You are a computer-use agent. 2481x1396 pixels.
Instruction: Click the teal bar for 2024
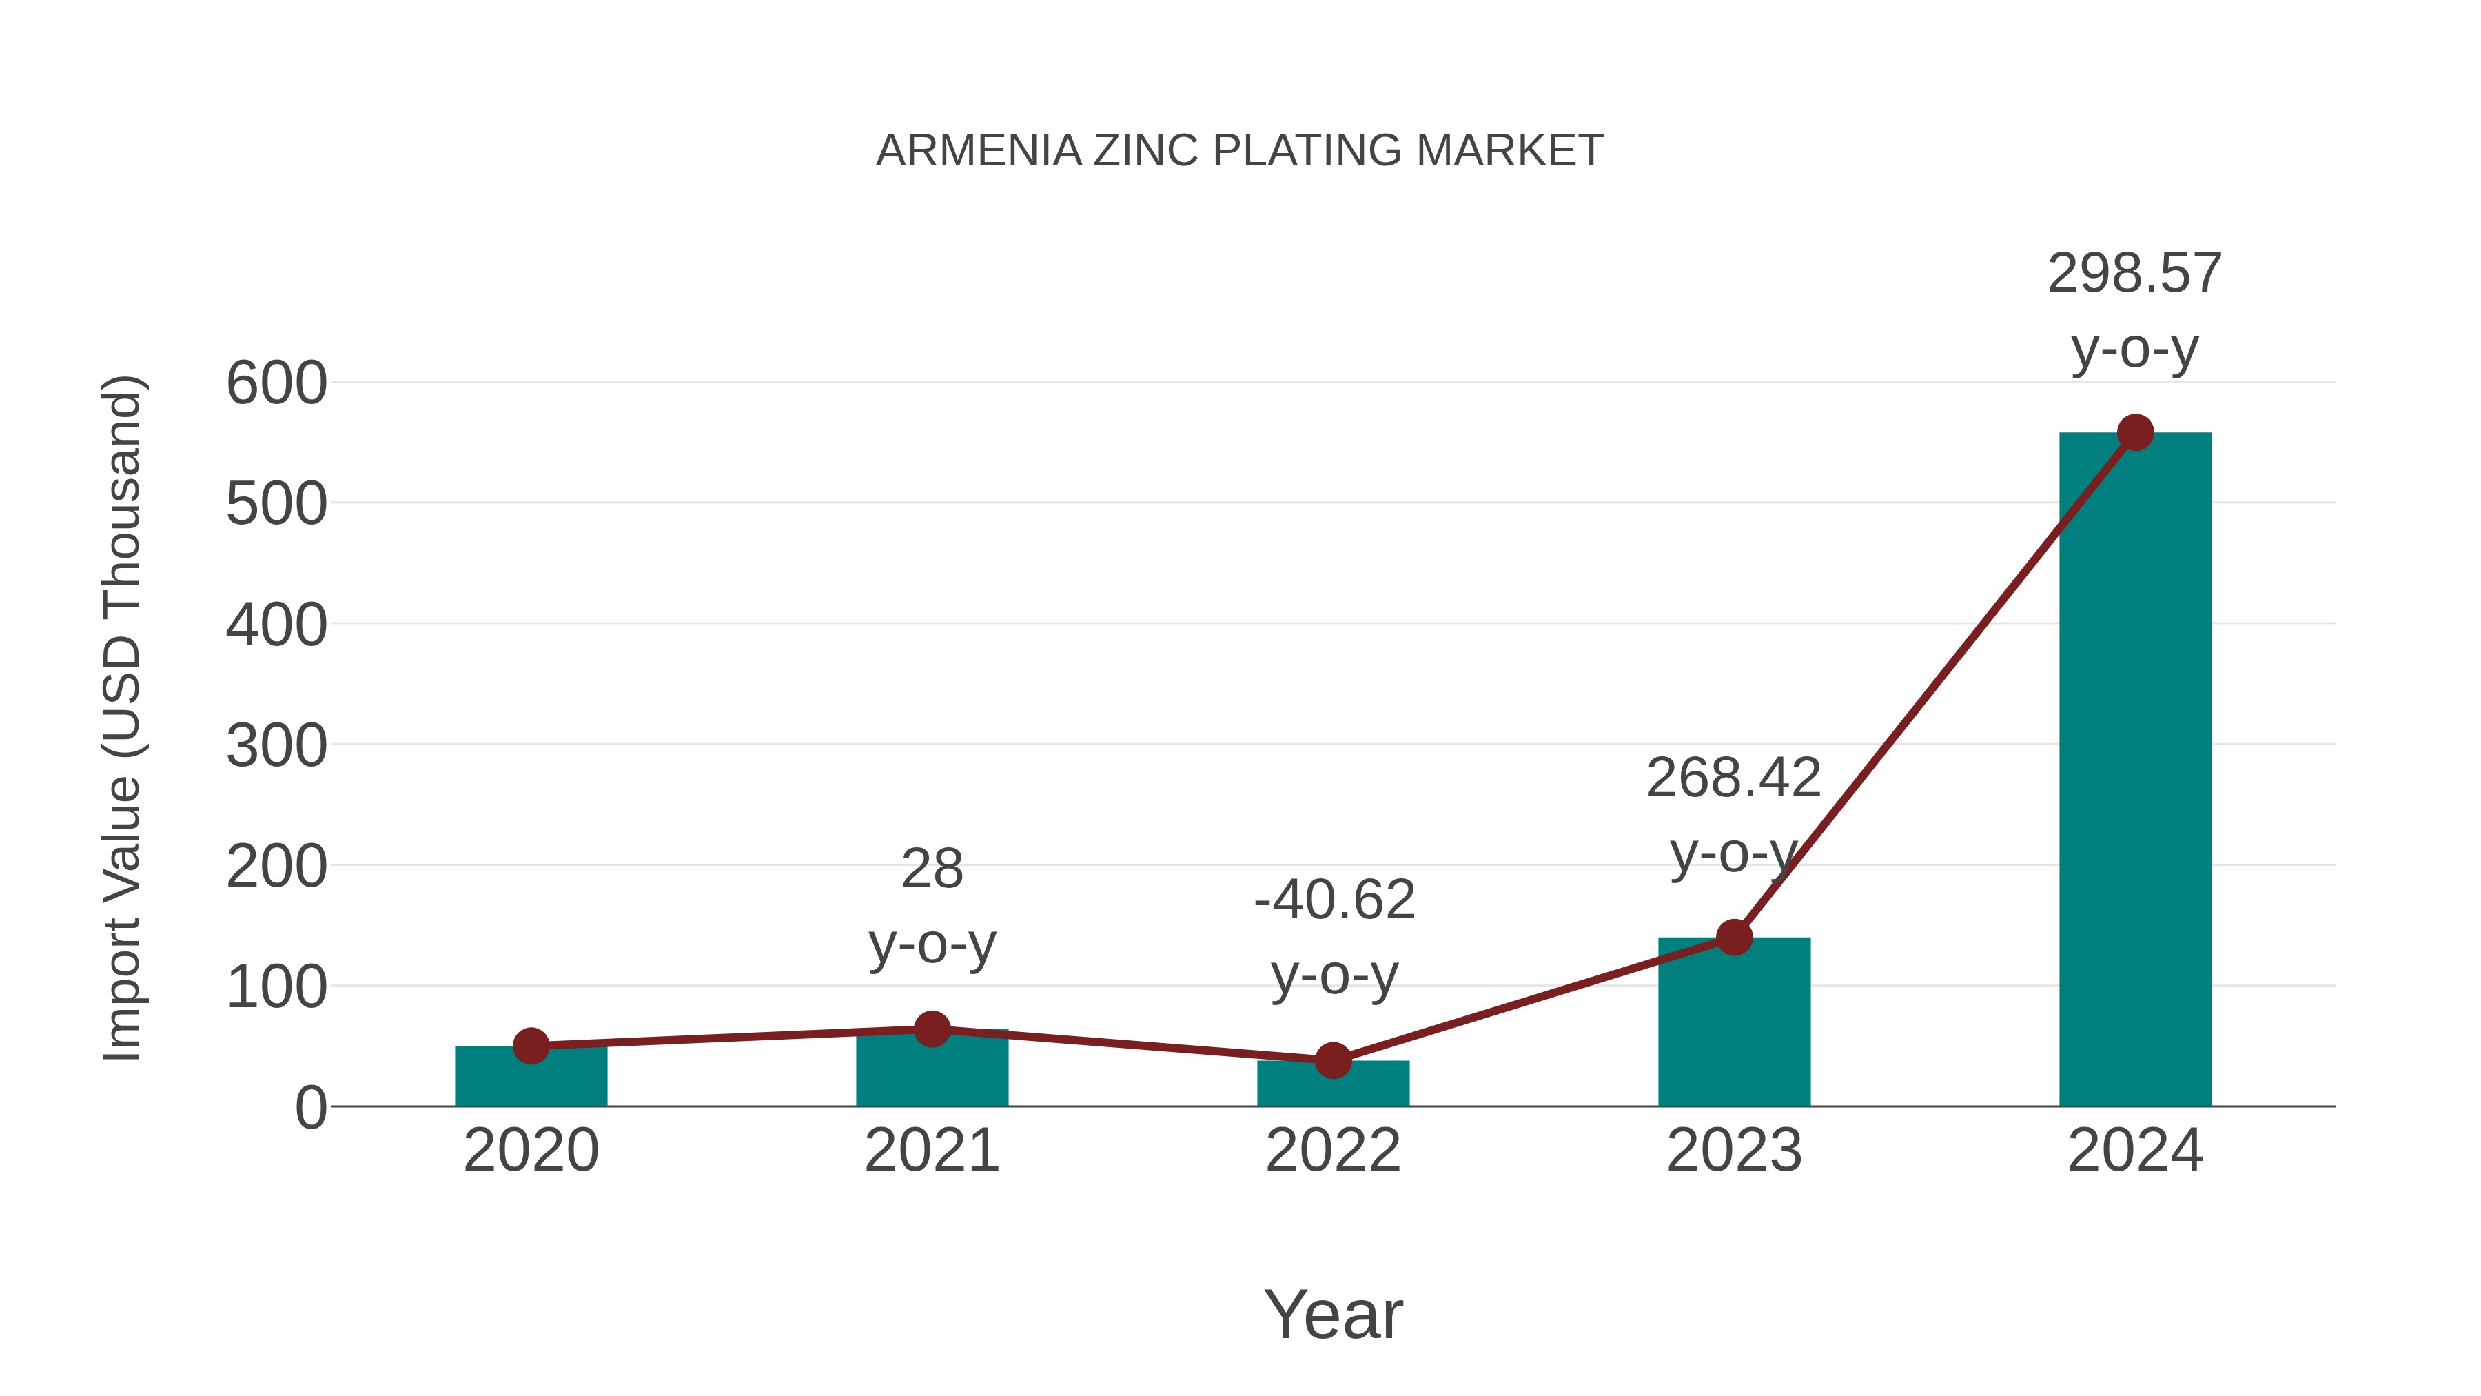click(2134, 771)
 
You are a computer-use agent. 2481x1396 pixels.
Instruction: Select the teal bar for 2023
click(1734, 1026)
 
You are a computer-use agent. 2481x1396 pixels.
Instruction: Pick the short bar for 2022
click(1333, 1086)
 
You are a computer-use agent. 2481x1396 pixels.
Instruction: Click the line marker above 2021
click(931, 1029)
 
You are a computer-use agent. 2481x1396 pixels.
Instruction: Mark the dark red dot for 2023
click(1734, 938)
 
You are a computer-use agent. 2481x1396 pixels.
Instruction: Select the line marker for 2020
click(531, 1045)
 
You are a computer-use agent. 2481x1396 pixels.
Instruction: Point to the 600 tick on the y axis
click(276, 383)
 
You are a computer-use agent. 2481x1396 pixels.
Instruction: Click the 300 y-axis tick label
click(276, 746)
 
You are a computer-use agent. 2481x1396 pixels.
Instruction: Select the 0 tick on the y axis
click(310, 1108)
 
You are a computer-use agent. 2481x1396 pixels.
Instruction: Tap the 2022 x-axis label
click(1333, 1151)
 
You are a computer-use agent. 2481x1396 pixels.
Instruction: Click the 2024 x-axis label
click(2134, 1151)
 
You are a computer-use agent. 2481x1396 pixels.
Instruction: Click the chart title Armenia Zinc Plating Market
click(1240, 151)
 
